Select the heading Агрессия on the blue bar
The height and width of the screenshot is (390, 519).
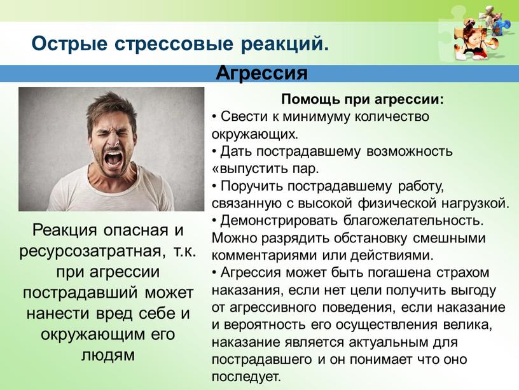point(261,73)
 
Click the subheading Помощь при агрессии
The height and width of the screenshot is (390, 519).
point(363,99)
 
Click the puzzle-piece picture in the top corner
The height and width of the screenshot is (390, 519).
point(478,33)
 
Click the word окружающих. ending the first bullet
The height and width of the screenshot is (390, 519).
point(255,134)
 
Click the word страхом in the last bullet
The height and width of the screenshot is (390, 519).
point(463,273)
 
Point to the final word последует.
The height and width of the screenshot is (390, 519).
point(246,377)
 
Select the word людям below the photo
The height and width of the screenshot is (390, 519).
point(108,356)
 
